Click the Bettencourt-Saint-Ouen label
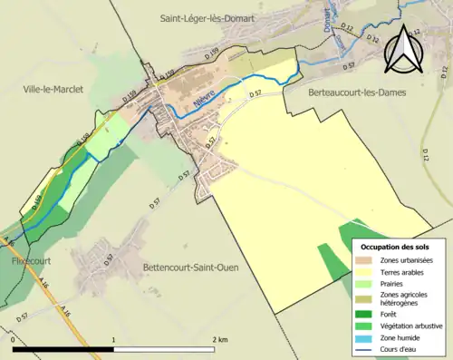click(x=193, y=268)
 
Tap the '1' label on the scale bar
click(x=113, y=339)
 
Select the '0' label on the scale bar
click(x=14, y=339)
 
